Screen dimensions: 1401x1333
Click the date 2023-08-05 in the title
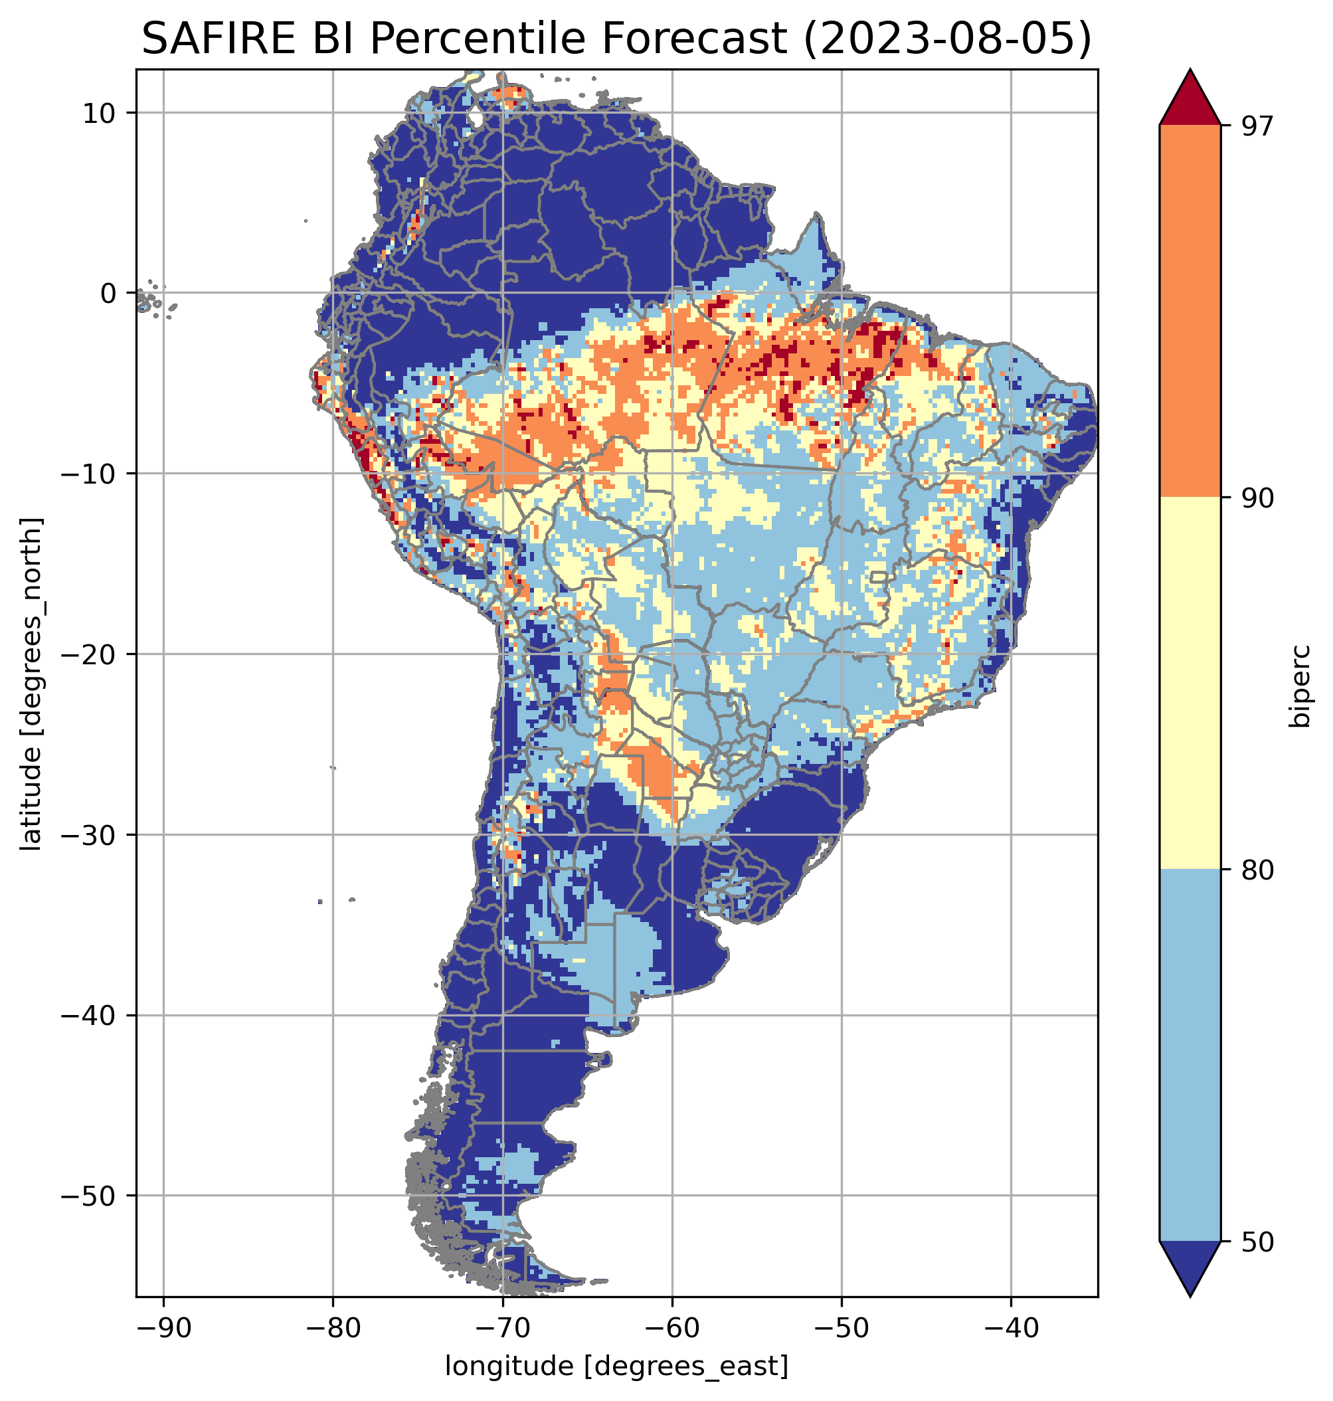pos(946,39)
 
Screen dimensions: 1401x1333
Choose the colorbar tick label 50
pos(1256,1243)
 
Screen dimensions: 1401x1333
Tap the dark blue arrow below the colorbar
pos(1190,1268)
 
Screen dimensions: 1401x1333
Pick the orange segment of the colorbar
pos(1190,312)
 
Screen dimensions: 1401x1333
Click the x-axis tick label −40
pos(1011,1328)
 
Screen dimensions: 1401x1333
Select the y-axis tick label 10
pos(100,113)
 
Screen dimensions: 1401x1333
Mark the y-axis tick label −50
pos(89,1196)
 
